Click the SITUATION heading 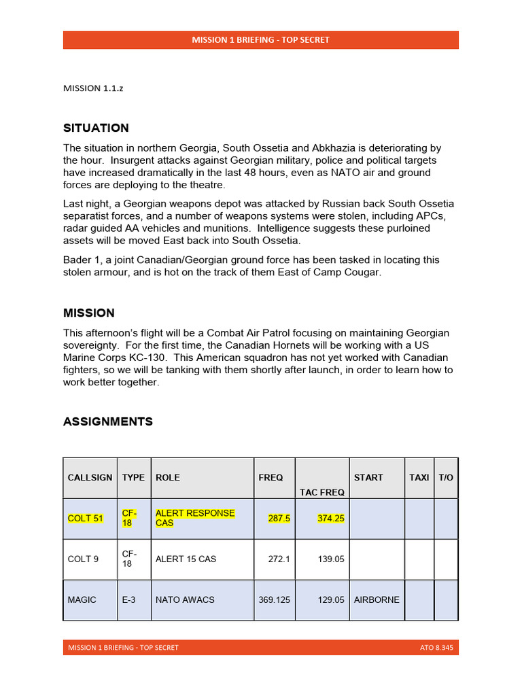(x=96, y=128)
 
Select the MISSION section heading (x=89, y=313)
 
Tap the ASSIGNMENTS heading (x=108, y=421)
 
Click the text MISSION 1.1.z (x=93, y=88)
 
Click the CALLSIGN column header (x=90, y=478)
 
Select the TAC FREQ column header (x=322, y=492)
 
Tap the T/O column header (x=446, y=478)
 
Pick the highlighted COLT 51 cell (x=86, y=519)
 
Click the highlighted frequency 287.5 (x=279, y=518)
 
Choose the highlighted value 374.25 (x=331, y=518)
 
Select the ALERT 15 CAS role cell (x=186, y=559)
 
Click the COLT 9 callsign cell (x=83, y=559)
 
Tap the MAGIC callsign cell (x=82, y=599)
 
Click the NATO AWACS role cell (x=185, y=599)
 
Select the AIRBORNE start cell (x=377, y=599)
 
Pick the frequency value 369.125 (x=275, y=599)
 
